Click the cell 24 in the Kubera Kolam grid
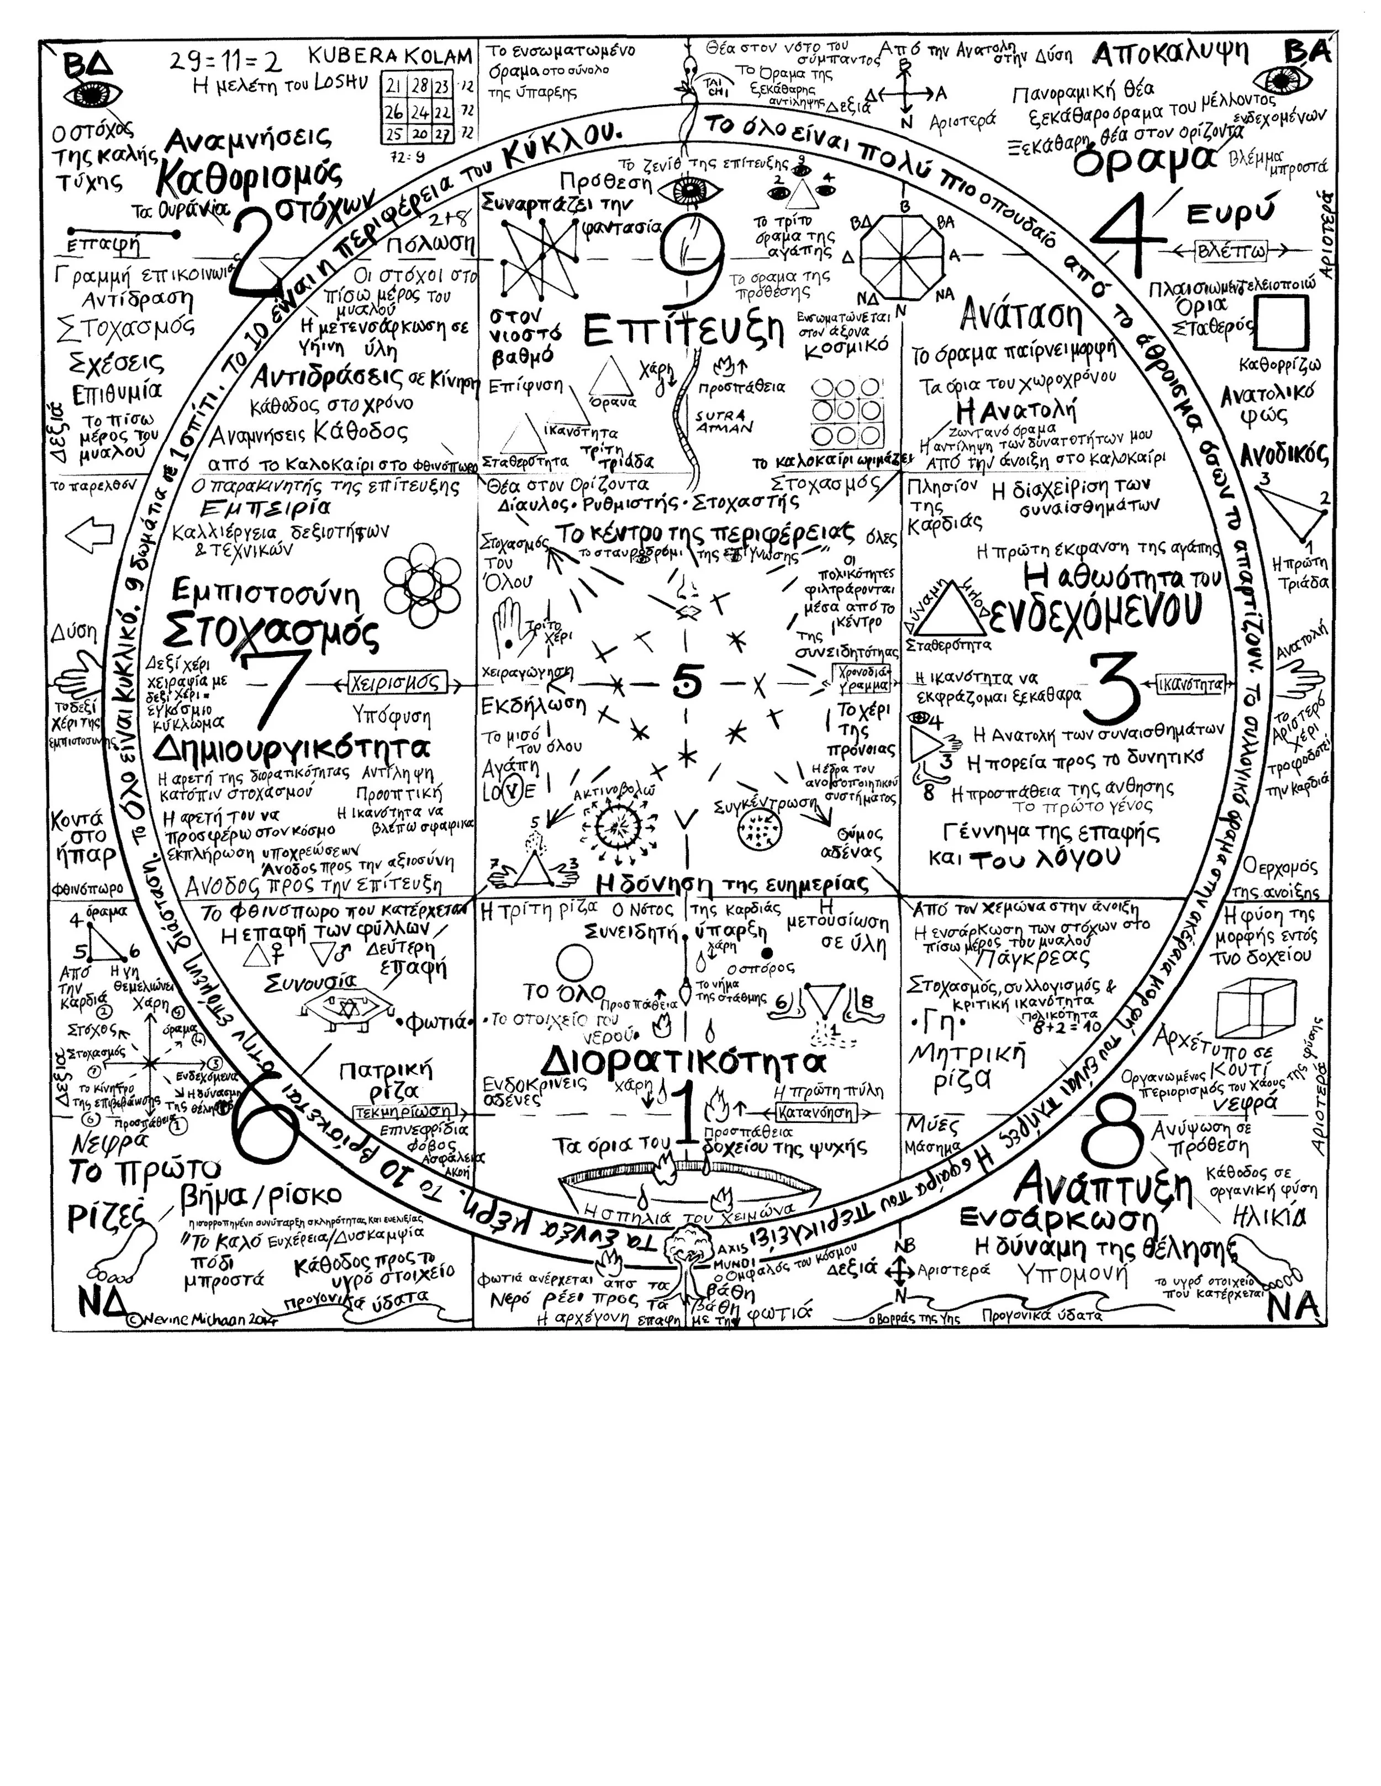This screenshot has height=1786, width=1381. tap(420, 110)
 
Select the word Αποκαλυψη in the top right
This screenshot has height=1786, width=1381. tap(1170, 54)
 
